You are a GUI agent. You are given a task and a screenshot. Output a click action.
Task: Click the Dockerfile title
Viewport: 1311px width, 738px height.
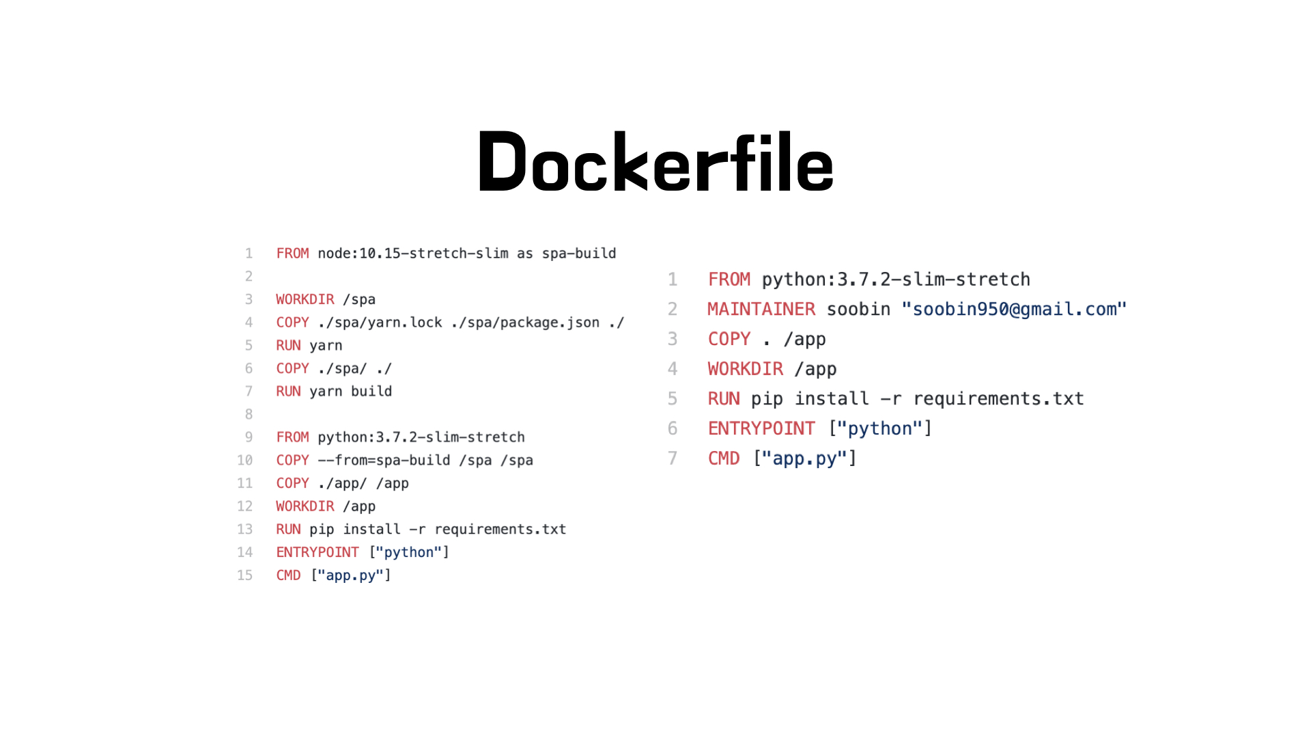(x=655, y=163)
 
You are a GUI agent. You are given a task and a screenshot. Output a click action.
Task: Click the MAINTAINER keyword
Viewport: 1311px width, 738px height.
(x=761, y=310)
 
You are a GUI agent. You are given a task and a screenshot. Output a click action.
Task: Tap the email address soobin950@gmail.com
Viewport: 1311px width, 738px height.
(x=1014, y=310)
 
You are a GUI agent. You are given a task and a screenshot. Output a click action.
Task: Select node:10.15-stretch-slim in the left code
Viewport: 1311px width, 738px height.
(x=413, y=254)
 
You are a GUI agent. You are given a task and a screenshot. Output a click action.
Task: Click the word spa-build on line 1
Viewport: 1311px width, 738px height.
(x=579, y=254)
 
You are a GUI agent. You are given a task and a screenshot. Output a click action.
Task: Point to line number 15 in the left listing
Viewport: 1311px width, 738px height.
(x=244, y=575)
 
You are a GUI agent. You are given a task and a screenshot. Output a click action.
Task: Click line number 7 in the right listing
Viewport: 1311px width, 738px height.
(x=673, y=459)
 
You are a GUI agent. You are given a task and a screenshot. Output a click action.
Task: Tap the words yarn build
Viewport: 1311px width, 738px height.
(x=351, y=392)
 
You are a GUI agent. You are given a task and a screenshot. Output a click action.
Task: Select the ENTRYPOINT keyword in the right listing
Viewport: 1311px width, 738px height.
(x=761, y=428)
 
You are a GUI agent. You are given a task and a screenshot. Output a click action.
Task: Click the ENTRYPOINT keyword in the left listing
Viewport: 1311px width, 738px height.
(x=318, y=552)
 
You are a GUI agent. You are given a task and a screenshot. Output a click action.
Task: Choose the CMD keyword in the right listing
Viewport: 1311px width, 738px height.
(x=724, y=459)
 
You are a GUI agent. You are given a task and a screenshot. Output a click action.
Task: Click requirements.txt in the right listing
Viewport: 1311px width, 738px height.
(x=998, y=399)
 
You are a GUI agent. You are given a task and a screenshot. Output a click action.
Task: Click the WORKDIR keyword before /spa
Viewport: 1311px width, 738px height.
(x=305, y=299)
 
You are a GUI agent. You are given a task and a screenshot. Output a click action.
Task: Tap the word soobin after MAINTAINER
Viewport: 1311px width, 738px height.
(x=858, y=310)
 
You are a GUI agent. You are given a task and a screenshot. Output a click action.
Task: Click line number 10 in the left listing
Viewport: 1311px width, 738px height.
(x=244, y=461)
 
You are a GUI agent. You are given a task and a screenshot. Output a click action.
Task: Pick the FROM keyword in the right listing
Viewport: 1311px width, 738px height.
(x=729, y=279)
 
